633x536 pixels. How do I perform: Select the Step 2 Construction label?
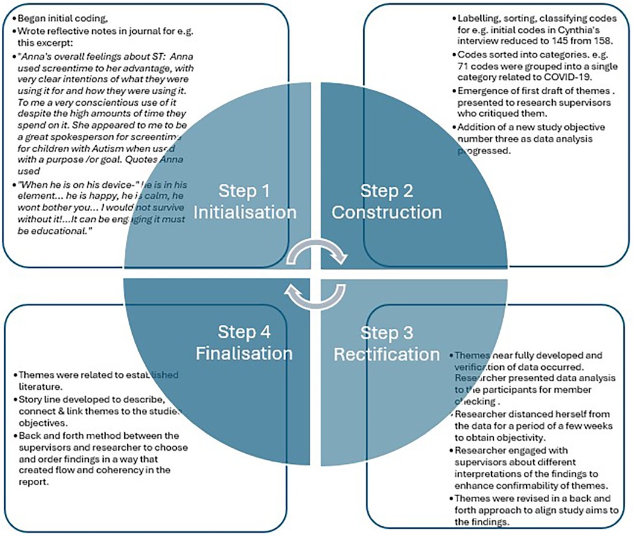pos(387,202)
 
